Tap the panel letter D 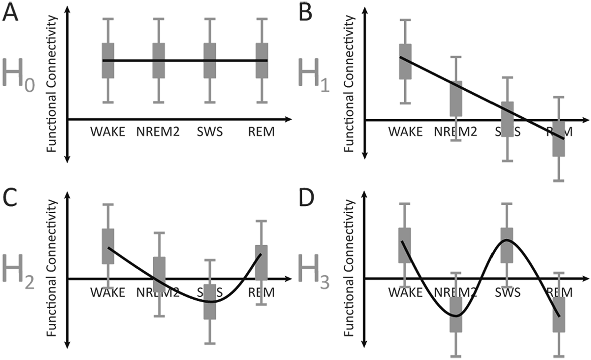point(306,198)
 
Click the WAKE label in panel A point(108,132)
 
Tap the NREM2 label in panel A point(158,132)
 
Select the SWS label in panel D point(508,293)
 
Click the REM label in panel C point(261,293)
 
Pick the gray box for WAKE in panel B point(405,61)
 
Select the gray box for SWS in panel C point(210,302)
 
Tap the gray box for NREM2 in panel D point(456,314)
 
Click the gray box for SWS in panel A point(210,61)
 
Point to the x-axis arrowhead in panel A point(289,119)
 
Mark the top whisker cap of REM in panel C point(261,221)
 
